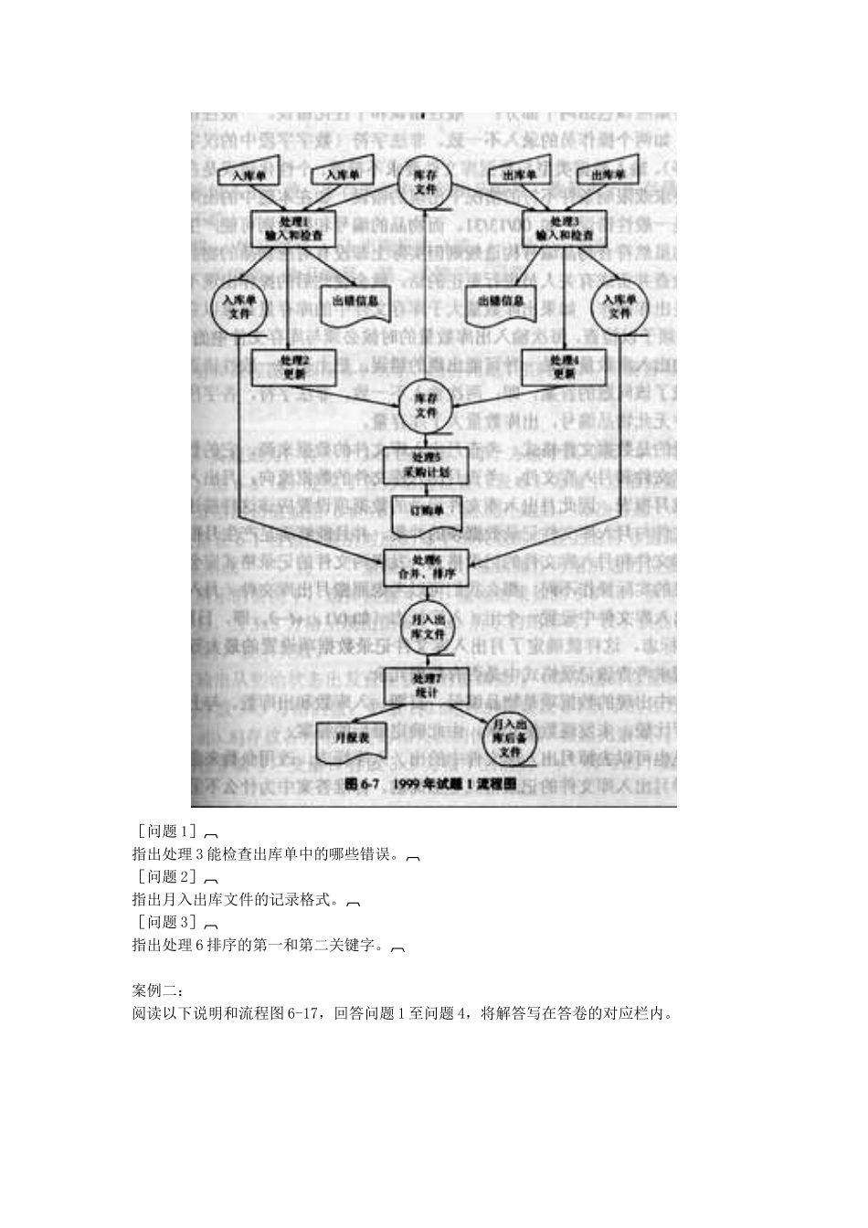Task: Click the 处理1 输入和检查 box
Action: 293,228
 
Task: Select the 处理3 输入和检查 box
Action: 564,228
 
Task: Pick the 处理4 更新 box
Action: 564,366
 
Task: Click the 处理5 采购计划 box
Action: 426,465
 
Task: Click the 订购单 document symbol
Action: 426,516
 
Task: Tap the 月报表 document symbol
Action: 351,739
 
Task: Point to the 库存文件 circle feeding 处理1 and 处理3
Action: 426,183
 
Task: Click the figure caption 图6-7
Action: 433,784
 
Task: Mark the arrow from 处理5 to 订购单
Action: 426,490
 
